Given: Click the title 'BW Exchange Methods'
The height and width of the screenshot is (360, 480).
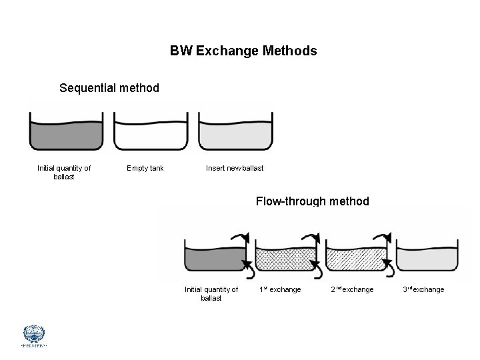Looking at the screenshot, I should click(243, 51).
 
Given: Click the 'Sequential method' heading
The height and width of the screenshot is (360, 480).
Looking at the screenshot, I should click(109, 87).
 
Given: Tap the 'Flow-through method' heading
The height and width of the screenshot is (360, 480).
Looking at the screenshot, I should click(312, 201).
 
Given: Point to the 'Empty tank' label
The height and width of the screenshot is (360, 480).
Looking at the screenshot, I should click(145, 168).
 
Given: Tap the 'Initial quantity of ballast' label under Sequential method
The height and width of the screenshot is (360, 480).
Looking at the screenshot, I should click(64, 172).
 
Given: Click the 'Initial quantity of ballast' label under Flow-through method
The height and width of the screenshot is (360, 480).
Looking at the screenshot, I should click(211, 293).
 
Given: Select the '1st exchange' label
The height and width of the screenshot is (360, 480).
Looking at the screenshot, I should click(280, 289).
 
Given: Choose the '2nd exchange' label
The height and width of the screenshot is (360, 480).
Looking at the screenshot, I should click(352, 289).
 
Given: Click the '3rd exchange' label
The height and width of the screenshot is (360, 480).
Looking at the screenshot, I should click(423, 289).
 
